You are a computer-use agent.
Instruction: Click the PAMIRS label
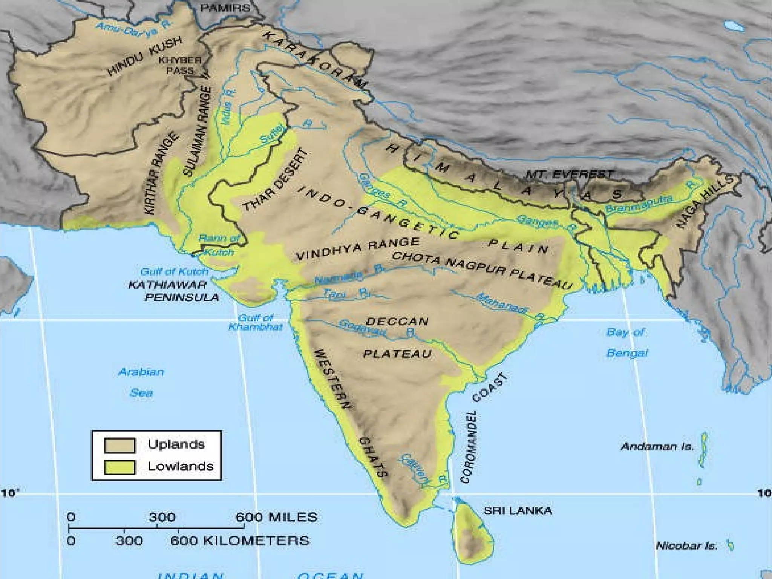tap(225, 8)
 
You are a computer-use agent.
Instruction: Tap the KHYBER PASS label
tap(180, 66)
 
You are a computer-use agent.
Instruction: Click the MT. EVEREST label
tap(569, 174)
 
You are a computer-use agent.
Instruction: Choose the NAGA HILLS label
tap(705, 202)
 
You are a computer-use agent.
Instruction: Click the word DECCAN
tap(397, 322)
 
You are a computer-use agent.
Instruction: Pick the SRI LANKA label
tap(518, 511)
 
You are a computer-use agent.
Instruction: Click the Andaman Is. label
tap(657, 447)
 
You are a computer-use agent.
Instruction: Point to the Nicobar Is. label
tap(687, 546)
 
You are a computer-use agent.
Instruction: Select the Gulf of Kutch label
tap(174, 272)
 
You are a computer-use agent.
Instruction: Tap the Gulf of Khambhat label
tap(256, 322)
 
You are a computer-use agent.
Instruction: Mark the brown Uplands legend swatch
tap(119, 445)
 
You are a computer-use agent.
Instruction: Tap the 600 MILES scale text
tap(276, 517)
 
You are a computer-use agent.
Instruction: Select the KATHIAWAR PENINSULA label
tap(173, 291)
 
